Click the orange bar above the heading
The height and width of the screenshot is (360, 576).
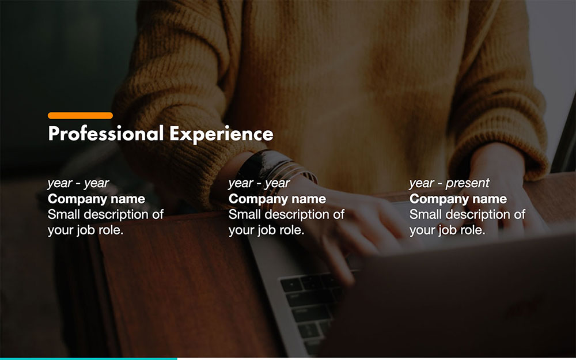80,116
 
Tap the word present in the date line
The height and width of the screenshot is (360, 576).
467,184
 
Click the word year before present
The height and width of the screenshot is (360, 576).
421,184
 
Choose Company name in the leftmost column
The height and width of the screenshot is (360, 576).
96,199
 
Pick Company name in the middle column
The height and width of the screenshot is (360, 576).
277,199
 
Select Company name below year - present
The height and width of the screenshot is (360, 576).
458,199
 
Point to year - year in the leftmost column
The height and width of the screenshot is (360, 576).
78,184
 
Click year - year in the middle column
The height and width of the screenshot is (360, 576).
259,184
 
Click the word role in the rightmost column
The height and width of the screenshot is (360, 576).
472,230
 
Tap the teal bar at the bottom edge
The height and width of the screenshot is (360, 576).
88,358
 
